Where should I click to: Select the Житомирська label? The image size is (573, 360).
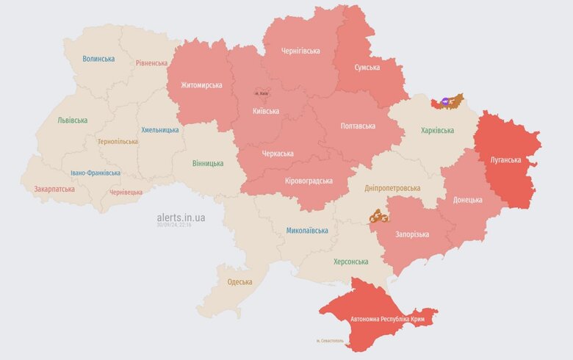tap(201, 85)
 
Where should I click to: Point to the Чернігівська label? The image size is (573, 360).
tap(300, 51)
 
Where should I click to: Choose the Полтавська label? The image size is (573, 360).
tap(358, 126)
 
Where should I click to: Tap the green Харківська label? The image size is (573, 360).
tap(437, 130)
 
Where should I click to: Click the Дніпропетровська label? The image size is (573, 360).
tap(392, 188)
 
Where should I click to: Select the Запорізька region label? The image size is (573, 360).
tap(412, 234)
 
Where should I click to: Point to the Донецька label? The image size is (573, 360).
tap(468, 200)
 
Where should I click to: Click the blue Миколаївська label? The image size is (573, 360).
tap(307, 230)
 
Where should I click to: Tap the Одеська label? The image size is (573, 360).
tap(239, 281)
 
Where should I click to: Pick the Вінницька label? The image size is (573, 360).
tap(208, 163)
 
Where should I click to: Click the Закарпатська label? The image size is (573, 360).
tap(54, 189)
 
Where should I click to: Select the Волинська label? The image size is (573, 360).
tap(98, 59)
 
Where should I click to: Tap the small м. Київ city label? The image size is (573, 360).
tap(262, 93)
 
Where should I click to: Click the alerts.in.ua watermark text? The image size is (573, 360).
tap(181, 217)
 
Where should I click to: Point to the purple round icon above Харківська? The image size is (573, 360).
tap(445, 101)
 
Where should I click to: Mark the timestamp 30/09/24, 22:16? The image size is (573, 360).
tap(174, 226)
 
